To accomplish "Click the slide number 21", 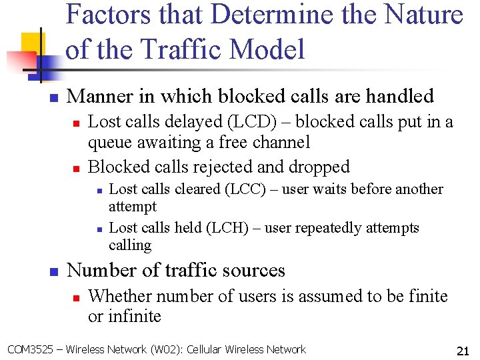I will [463, 351].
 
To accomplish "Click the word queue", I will [111, 142].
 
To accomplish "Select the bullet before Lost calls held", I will [98, 229].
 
